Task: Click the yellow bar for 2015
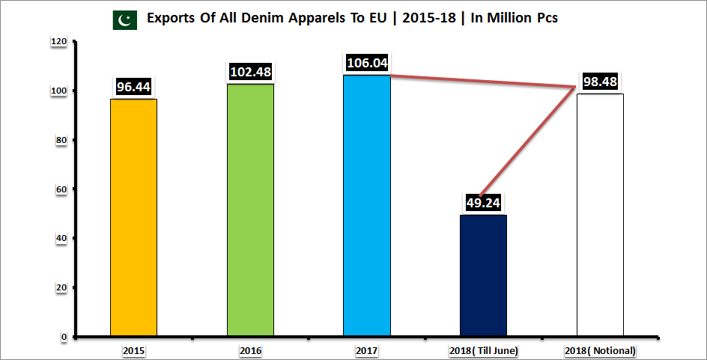point(133,217)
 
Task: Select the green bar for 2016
point(250,210)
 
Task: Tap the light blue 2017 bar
point(367,205)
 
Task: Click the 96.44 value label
point(134,87)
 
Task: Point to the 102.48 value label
point(250,72)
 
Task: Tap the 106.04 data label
point(367,63)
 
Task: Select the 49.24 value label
point(483,203)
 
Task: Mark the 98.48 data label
point(600,82)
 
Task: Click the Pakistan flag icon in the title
point(124,19)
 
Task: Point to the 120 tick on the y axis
point(58,43)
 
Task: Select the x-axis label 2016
point(250,350)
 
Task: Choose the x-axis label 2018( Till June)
point(484,350)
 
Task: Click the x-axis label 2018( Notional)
point(600,350)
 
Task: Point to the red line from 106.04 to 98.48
point(483,82)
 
